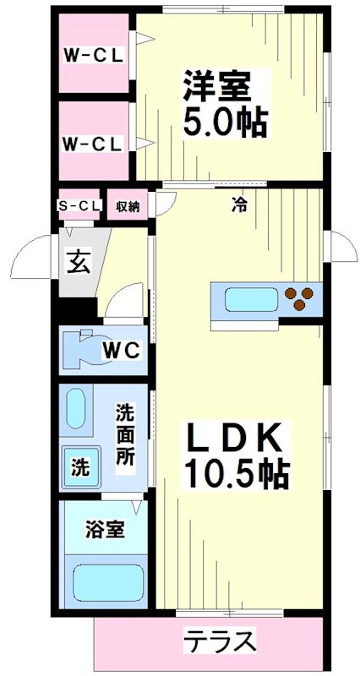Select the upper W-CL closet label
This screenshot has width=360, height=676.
tap(93, 56)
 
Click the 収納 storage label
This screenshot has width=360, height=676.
tap(128, 205)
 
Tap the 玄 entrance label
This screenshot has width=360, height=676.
tap(78, 263)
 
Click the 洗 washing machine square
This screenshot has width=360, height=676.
tap(79, 467)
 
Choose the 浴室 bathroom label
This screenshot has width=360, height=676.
tap(106, 531)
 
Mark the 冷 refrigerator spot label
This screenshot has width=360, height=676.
tap(240, 204)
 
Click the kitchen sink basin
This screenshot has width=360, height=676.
tap(252, 300)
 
